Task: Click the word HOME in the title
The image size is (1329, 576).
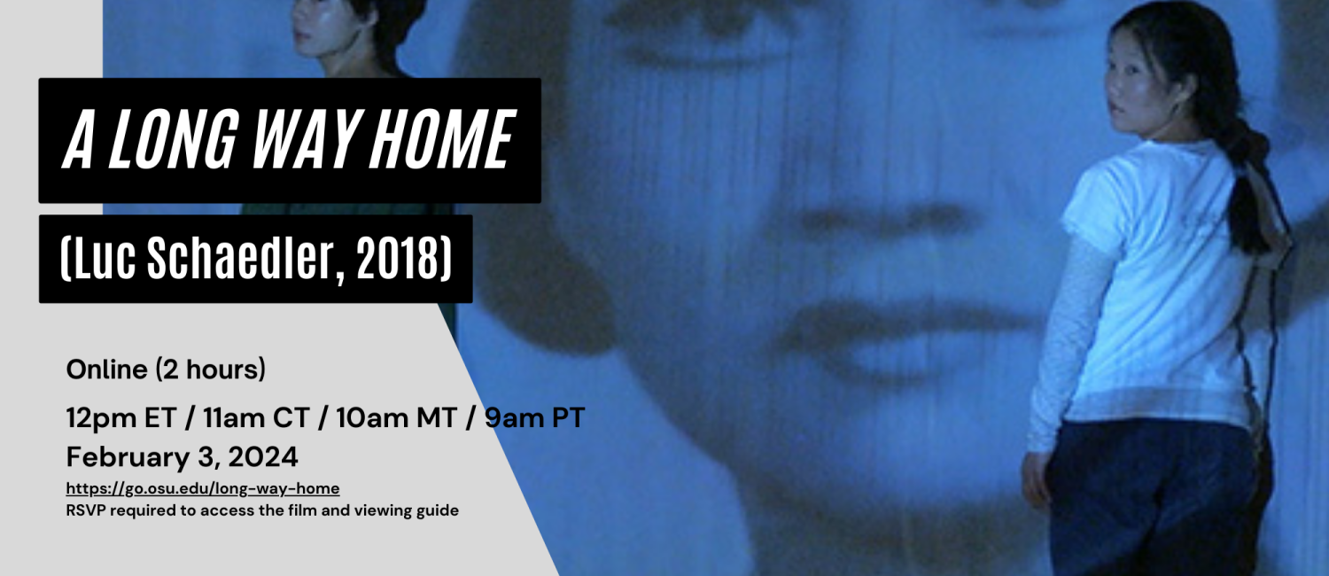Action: (x=442, y=141)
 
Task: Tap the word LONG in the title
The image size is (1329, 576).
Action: (x=174, y=141)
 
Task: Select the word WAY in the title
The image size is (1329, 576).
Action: (x=303, y=141)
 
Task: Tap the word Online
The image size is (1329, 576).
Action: (x=107, y=370)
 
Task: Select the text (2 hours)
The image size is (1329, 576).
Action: (x=211, y=370)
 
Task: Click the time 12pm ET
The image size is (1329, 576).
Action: (x=121, y=417)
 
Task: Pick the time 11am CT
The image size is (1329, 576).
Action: (x=256, y=417)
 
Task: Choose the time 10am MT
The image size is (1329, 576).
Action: (x=396, y=417)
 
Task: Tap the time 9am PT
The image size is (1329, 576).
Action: (x=534, y=417)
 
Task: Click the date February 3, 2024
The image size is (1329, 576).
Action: (x=183, y=457)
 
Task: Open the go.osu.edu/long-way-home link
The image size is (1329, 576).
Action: (x=203, y=489)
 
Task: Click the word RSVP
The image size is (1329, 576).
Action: (x=86, y=510)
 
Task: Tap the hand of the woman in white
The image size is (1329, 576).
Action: (x=1036, y=478)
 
